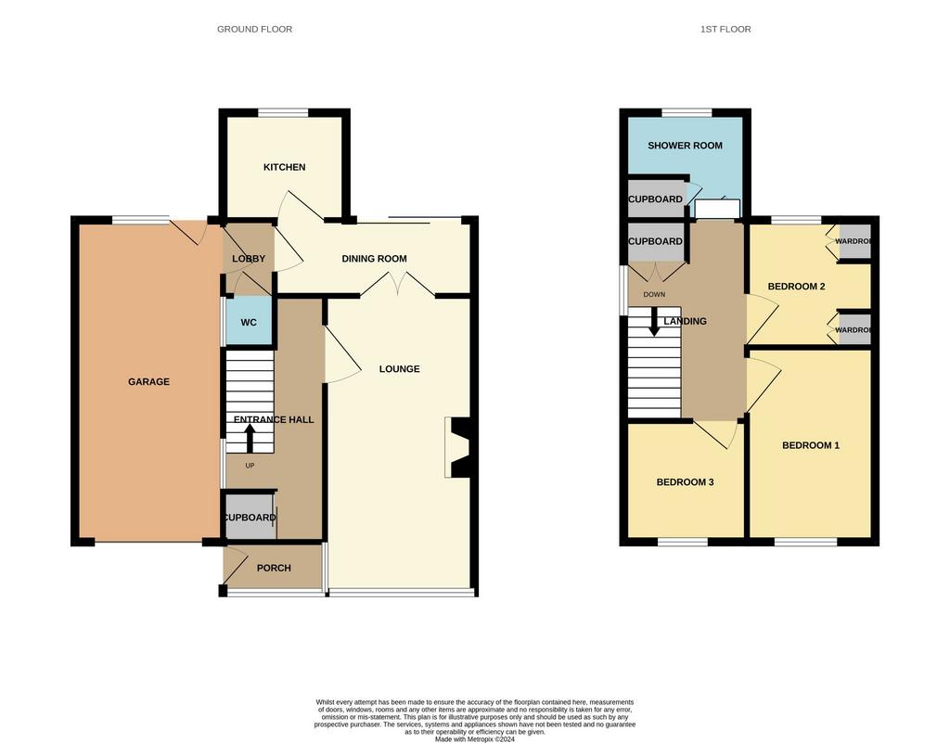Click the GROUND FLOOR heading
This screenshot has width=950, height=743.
pyautogui.click(x=254, y=29)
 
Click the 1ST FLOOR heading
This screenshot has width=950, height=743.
pyautogui.click(x=725, y=29)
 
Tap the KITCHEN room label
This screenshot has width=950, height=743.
pyautogui.click(x=284, y=167)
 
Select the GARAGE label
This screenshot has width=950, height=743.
pyautogui.click(x=148, y=381)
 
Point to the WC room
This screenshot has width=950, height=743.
pyautogui.click(x=249, y=322)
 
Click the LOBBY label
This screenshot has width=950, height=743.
pyautogui.click(x=249, y=259)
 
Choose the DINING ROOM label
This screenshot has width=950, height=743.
pyautogui.click(x=375, y=259)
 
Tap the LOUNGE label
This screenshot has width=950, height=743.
pyautogui.click(x=399, y=369)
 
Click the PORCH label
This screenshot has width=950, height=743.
pyautogui.click(x=274, y=568)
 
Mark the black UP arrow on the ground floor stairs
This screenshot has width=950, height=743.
pyautogui.click(x=249, y=438)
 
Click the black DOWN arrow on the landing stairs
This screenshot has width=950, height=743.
pyautogui.click(x=654, y=322)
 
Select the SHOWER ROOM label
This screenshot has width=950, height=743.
pyautogui.click(x=685, y=146)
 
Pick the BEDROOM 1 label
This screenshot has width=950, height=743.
pyautogui.click(x=811, y=445)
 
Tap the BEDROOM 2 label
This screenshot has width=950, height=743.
pyautogui.click(x=796, y=287)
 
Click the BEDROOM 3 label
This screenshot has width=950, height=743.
pyautogui.click(x=685, y=482)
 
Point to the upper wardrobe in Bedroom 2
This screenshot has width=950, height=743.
pyautogui.click(x=854, y=241)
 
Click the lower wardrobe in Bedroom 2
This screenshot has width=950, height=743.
pyautogui.click(x=854, y=330)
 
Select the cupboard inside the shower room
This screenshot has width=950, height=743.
pyautogui.click(x=657, y=199)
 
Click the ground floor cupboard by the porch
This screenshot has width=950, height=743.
pyautogui.click(x=250, y=518)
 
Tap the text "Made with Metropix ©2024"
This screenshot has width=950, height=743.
pyautogui.click(x=474, y=738)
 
